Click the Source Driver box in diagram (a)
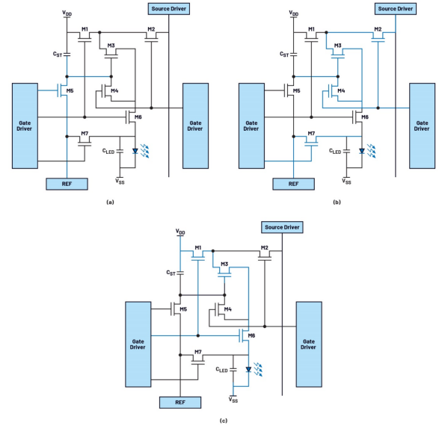(169, 9)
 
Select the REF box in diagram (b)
(293, 184)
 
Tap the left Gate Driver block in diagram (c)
(138, 344)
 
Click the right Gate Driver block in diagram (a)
(195, 125)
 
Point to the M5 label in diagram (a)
(70, 90)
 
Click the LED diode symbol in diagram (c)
(248, 369)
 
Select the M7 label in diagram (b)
(311, 133)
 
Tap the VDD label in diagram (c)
(180, 232)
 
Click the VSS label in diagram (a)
(120, 181)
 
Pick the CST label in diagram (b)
(284, 54)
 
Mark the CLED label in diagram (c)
(221, 369)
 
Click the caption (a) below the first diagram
(110, 202)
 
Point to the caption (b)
(337, 202)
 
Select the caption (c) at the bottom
(224, 421)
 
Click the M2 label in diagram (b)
(378, 29)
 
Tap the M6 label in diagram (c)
(251, 335)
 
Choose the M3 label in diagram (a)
(111, 46)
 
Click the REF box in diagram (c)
(180, 403)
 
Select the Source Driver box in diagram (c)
(282, 227)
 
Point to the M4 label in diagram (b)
(341, 90)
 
